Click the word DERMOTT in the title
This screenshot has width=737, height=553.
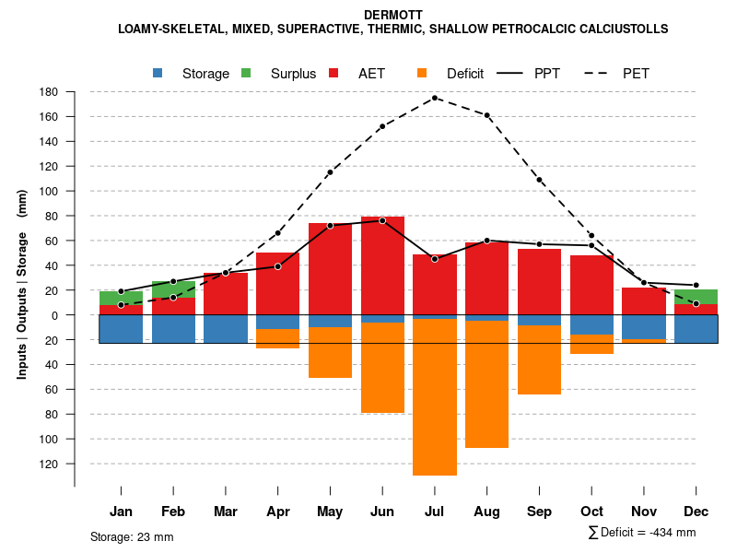(393, 15)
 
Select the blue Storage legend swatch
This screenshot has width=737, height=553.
(158, 73)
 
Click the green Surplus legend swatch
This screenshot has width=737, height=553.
(246, 73)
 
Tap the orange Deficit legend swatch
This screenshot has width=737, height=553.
(422, 73)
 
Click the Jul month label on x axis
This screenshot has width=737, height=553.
(435, 512)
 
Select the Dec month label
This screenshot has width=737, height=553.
(696, 512)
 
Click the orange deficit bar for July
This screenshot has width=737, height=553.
(435, 396)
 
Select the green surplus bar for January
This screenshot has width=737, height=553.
(121, 298)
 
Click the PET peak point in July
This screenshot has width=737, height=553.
(435, 98)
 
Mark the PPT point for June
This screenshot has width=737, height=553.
(382, 221)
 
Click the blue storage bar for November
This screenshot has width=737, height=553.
(643, 327)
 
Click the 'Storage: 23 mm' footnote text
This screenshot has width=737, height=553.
(132, 536)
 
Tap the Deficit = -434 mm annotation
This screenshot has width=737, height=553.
(642, 533)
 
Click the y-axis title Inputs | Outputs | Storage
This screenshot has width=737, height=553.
(22, 284)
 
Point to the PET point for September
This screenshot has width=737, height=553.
(539, 180)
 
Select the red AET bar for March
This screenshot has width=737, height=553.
(226, 294)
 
